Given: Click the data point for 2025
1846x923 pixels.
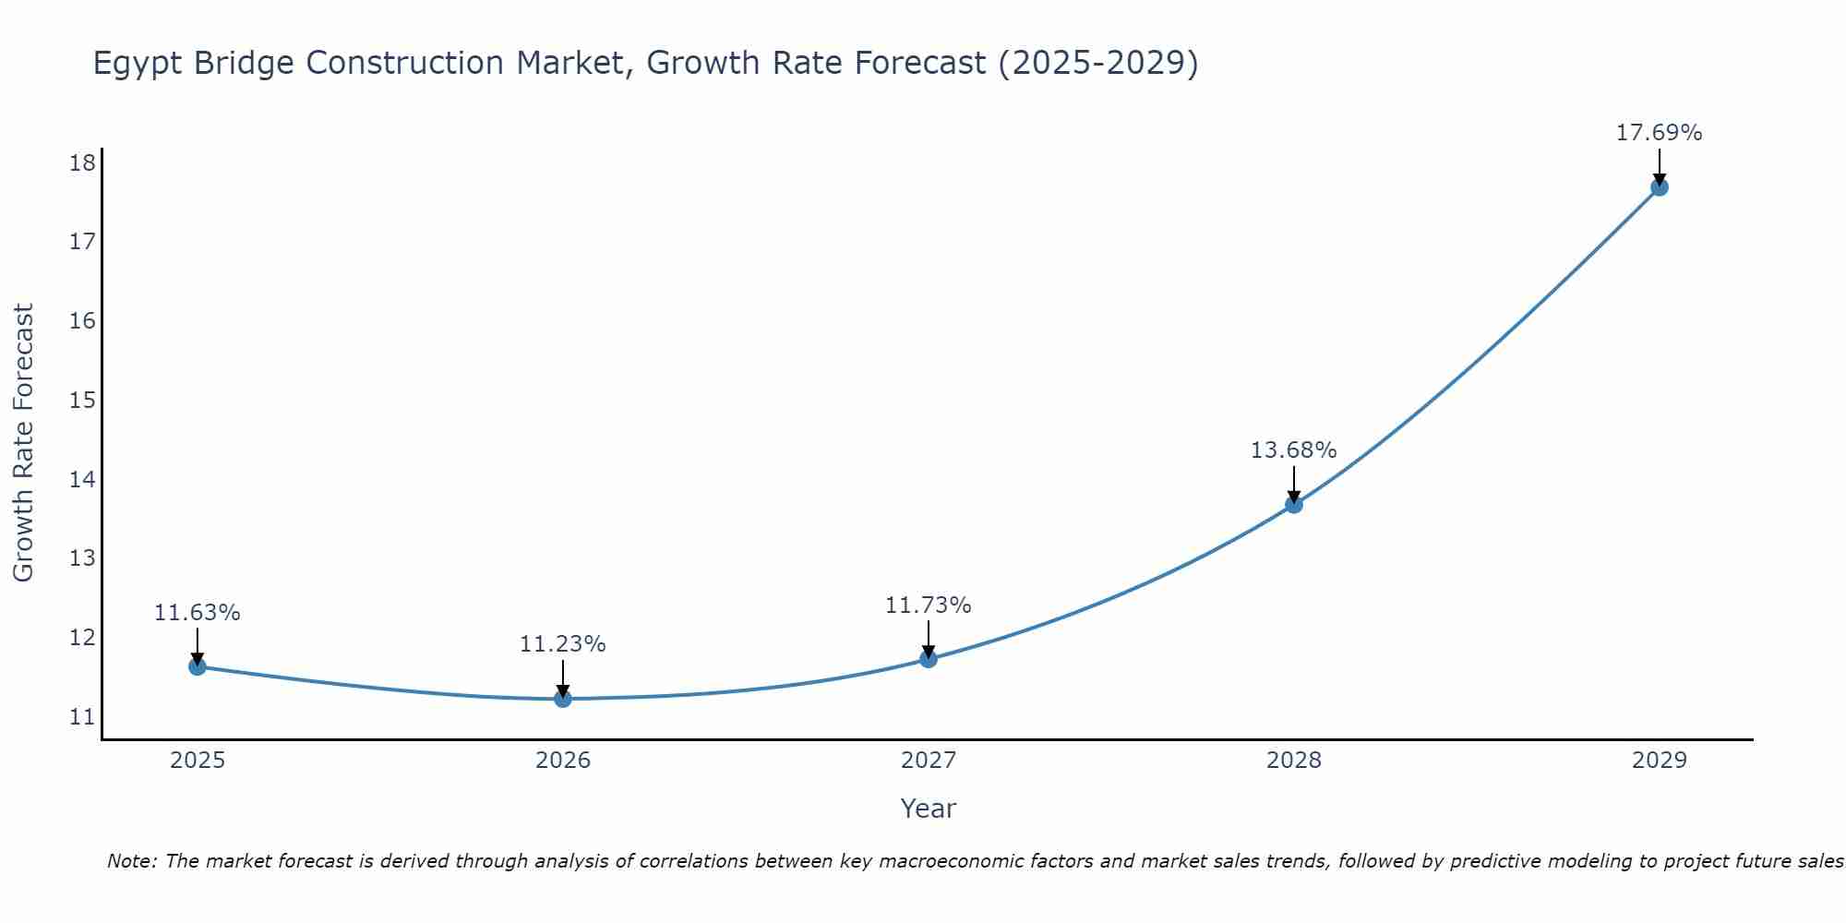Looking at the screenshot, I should (198, 666).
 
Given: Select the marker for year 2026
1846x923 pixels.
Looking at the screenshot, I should (563, 699).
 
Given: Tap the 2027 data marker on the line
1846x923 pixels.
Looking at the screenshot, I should (929, 659).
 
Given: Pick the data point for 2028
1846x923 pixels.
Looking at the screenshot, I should (1294, 504).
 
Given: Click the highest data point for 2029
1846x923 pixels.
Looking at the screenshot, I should (1659, 187).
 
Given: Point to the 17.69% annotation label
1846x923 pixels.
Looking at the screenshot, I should (1659, 133).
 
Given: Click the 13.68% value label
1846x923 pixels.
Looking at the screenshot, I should (1293, 450).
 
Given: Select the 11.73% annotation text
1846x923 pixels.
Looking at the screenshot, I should (928, 605).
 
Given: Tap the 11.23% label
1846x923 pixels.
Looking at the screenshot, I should (562, 644).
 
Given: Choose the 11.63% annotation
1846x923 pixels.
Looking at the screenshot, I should (197, 613).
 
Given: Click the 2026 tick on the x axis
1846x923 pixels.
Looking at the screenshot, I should (563, 761).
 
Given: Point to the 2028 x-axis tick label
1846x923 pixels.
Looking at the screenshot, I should (1294, 761).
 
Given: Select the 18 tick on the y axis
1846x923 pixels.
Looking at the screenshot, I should (82, 163).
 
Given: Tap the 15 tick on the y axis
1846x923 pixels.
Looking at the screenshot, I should (82, 400).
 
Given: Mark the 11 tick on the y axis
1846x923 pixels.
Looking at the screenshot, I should (82, 716).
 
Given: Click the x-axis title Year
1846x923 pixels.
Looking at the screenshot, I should (928, 809).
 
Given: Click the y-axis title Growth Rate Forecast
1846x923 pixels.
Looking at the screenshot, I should (24, 443).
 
